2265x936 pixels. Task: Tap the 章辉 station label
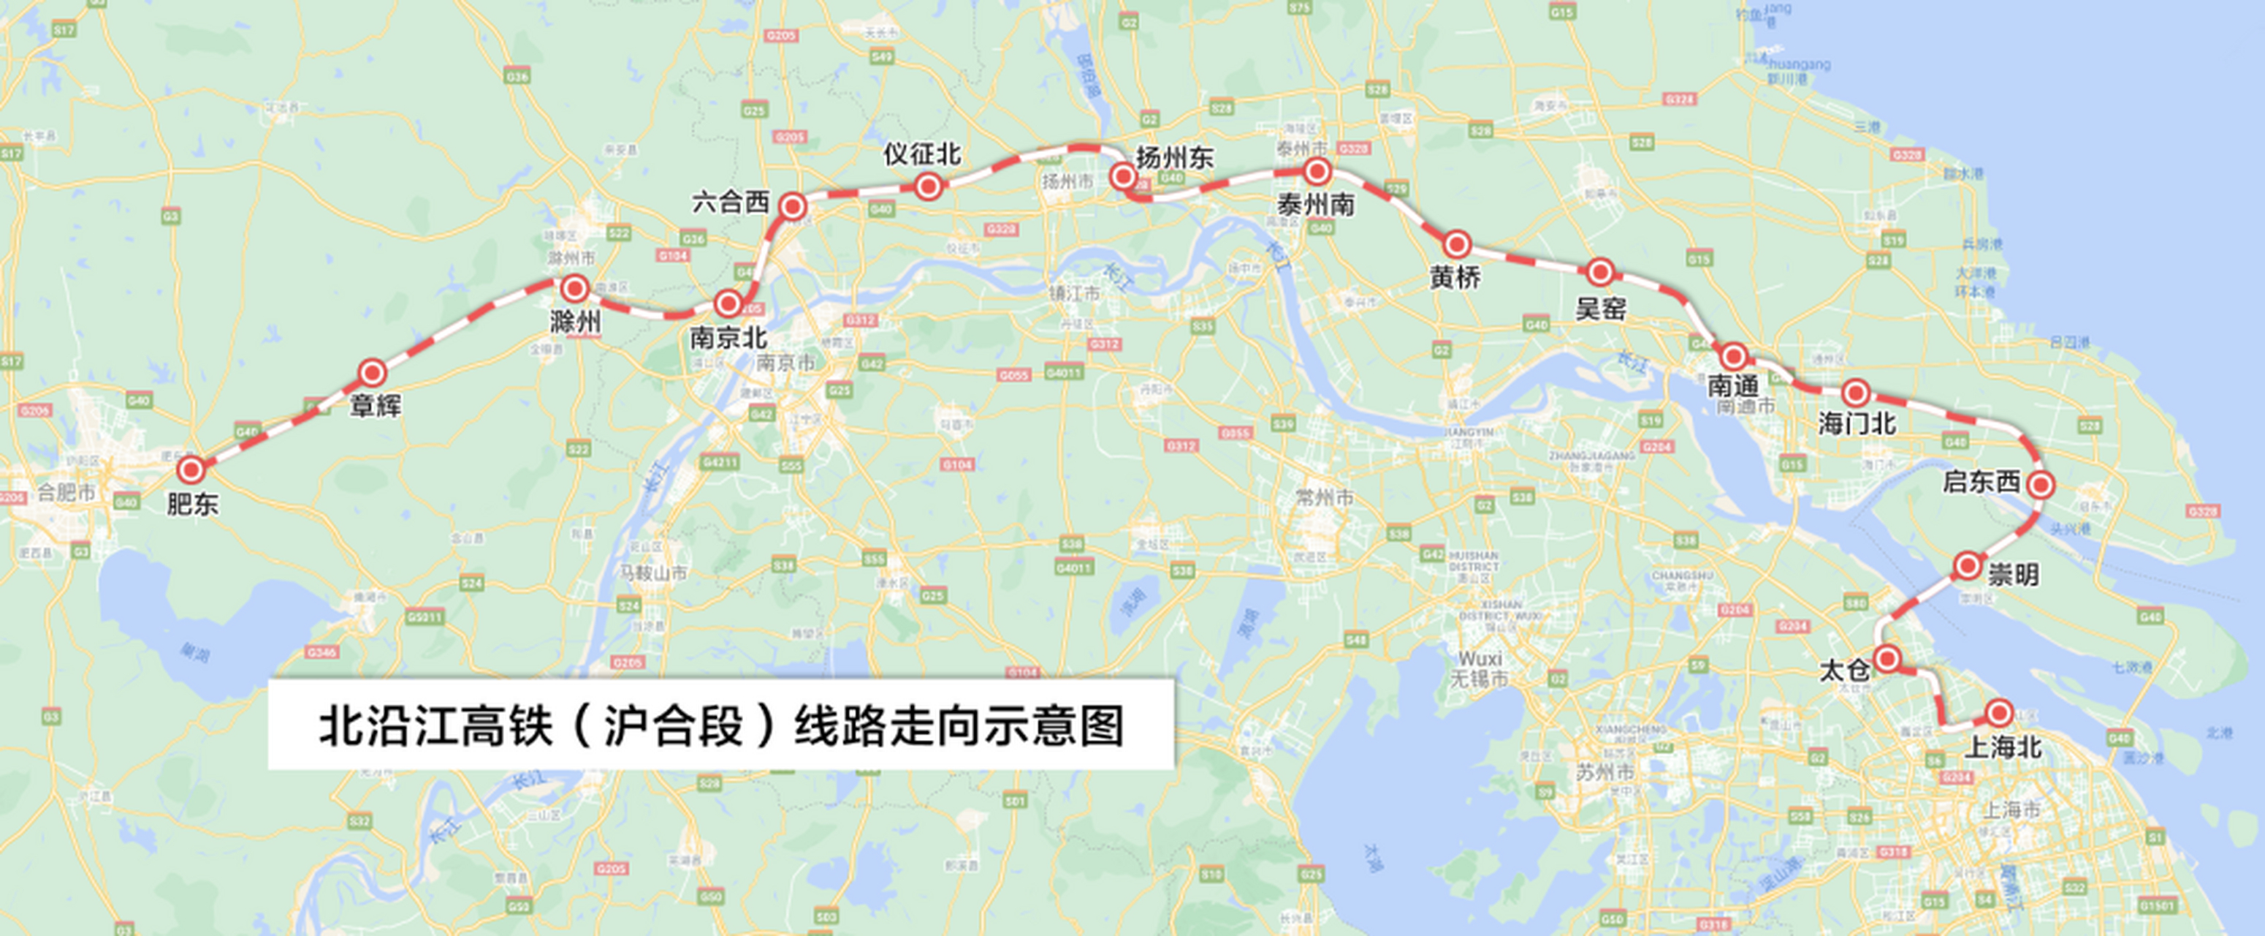click(376, 406)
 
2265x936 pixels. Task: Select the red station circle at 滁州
click(575, 287)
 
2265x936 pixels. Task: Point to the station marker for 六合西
click(793, 206)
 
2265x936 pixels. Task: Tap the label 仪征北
click(921, 155)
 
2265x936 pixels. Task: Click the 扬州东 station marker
click(1123, 177)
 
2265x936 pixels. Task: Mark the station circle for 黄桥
click(1457, 244)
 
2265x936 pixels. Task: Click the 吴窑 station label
click(1600, 309)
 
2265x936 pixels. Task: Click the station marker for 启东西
click(2041, 484)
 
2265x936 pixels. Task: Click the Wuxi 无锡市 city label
click(1480, 669)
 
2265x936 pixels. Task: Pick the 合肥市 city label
click(66, 493)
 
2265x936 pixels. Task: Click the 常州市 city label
click(1324, 498)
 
